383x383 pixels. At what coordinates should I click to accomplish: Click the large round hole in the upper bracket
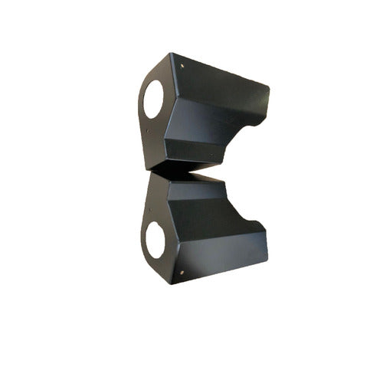pyautogui.click(x=153, y=99)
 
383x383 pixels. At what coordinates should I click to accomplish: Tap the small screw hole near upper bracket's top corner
pyautogui.click(x=182, y=67)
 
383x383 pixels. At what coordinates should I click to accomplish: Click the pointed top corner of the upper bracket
pyautogui.click(x=172, y=54)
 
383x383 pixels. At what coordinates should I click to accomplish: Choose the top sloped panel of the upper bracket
pyautogui.click(x=222, y=80)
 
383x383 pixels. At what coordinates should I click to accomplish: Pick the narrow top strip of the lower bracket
pyautogui.click(x=199, y=184)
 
